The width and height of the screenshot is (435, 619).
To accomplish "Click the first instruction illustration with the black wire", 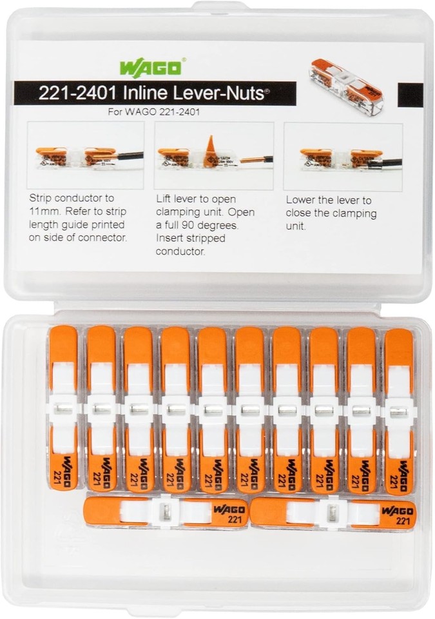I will tap(85, 156).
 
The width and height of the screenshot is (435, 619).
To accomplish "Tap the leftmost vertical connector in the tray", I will tap(63, 409).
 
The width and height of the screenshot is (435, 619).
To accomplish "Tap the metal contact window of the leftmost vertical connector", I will tap(63, 408).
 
